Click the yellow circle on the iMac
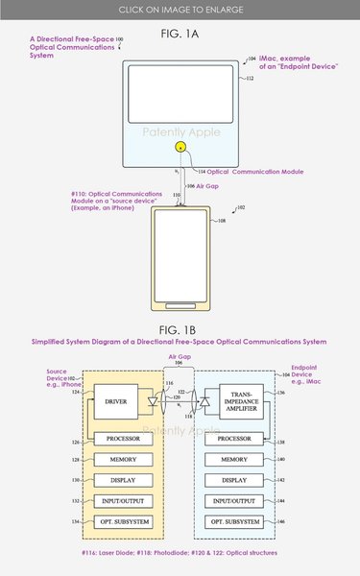click(180, 148)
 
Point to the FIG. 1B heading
click(180, 327)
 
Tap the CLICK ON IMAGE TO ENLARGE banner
click(180, 9)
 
